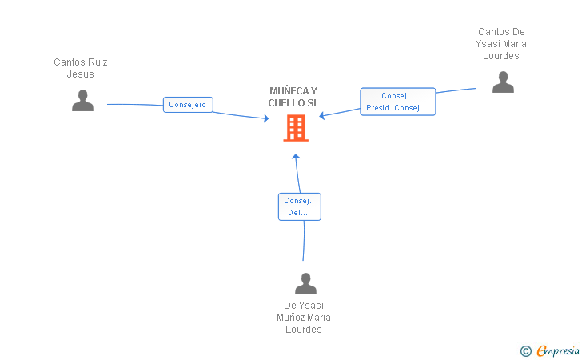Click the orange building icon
coord(296,128)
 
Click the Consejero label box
coord(188,105)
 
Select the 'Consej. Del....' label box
coord(300,206)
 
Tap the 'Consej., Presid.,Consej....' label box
coord(398,102)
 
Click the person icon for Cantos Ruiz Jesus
coord(83,100)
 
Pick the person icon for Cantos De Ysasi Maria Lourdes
coord(503,82)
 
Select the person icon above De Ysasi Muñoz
coord(305,283)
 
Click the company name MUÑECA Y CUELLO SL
coord(293,97)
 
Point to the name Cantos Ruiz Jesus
coord(81,68)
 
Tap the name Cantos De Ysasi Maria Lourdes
coord(501,44)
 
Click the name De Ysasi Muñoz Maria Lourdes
coord(304,318)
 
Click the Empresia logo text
coord(558,350)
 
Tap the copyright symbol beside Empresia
coord(525,351)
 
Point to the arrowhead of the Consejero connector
coord(266,118)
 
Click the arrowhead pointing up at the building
coord(296,157)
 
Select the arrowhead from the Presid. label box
coord(322,116)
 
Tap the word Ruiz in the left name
coord(98,62)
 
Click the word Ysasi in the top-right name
coord(488,44)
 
